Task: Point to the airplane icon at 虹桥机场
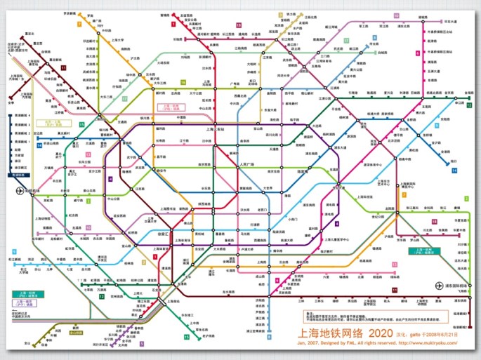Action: pos(20,190)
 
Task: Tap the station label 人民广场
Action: pos(242,165)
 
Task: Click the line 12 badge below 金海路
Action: pos(468,105)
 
